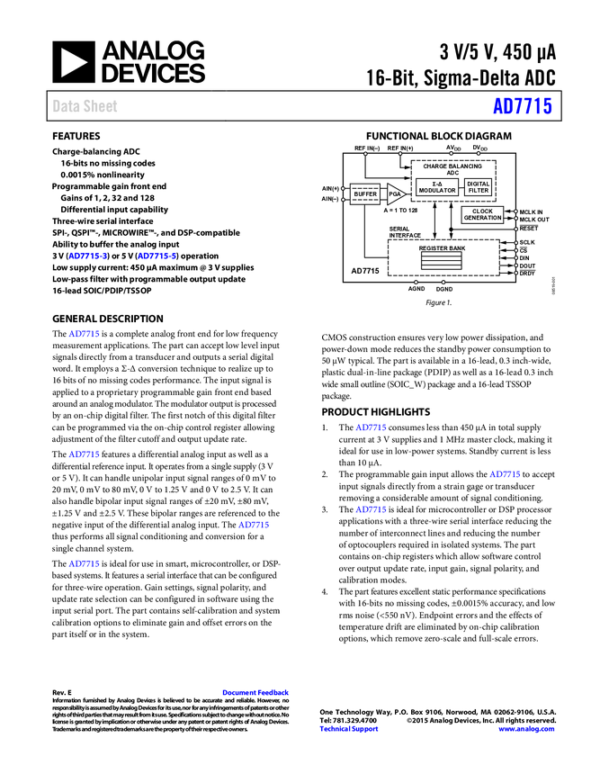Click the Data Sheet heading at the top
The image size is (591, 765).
(85, 106)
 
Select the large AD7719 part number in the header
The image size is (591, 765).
(522, 106)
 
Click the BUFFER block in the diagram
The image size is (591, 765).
(365, 194)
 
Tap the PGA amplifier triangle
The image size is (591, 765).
(396, 194)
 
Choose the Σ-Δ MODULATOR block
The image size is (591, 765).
(437, 187)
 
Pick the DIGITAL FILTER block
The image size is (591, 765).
(479, 187)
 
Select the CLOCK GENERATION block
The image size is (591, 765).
(483, 215)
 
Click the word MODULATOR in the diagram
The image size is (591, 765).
(437, 191)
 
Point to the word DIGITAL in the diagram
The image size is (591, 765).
(479, 184)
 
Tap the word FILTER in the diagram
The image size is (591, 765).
(479, 191)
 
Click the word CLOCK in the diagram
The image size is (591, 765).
(483, 211)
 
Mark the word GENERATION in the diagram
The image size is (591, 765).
(483, 219)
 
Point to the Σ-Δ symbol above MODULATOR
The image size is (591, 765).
(437, 184)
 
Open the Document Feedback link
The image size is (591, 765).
(256, 693)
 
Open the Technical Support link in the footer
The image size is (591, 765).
(349, 729)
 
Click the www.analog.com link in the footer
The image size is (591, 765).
(526, 729)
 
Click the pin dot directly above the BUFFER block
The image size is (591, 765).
(365, 154)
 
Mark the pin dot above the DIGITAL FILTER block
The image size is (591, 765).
(479, 154)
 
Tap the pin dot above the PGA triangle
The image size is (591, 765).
(400, 154)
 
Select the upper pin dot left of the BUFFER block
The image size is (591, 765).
(344, 188)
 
